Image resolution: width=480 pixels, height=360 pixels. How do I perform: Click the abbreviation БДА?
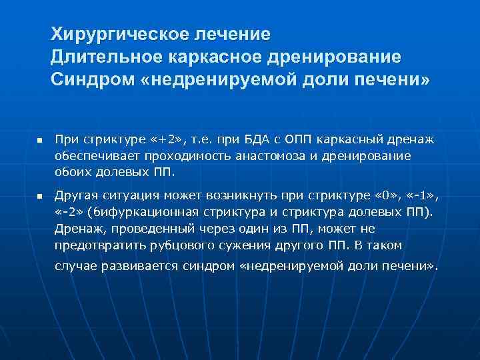coord(257,139)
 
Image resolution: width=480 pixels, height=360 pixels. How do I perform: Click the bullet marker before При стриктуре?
coord(39,141)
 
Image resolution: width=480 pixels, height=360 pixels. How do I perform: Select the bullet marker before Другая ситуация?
coord(39,198)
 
